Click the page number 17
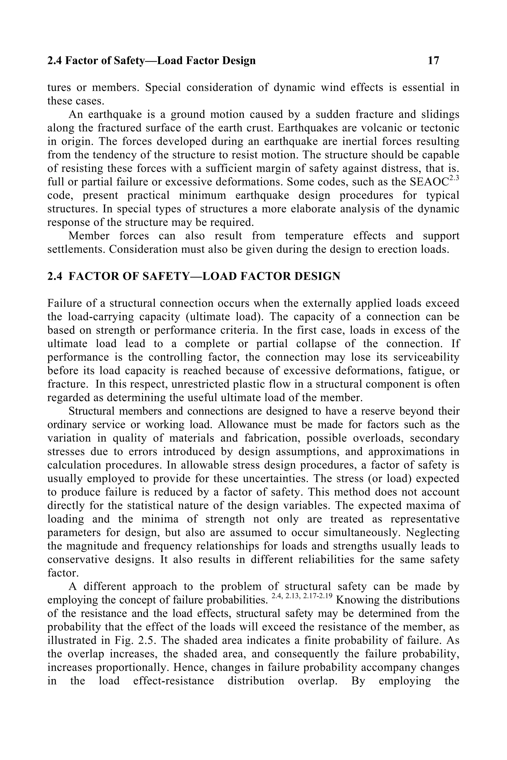click(x=433, y=60)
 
